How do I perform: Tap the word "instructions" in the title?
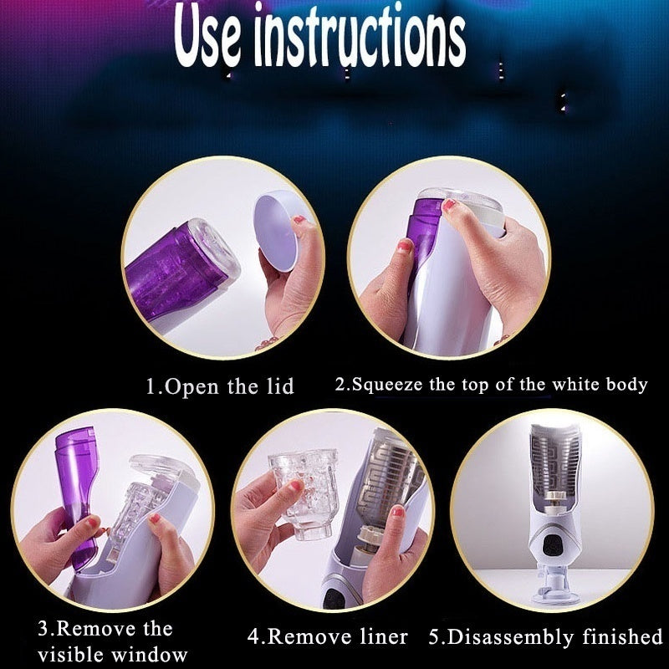[x=360, y=38]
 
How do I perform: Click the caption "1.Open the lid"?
[x=220, y=386]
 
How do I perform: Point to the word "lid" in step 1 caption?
[x=280, y=386]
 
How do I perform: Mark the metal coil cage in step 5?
[x=554, y=461]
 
